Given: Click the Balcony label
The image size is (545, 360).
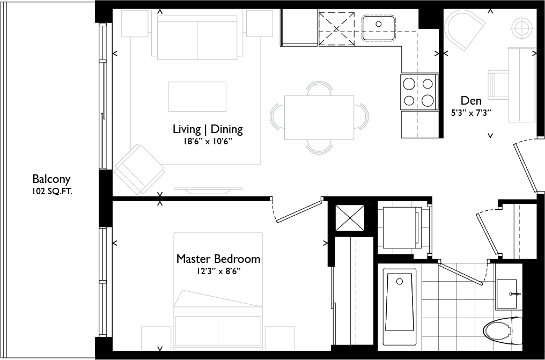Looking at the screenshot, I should click(51, 179).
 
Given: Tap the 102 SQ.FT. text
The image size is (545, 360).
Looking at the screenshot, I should click(51, 190).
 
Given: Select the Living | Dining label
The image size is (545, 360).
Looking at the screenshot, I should click(208, 129).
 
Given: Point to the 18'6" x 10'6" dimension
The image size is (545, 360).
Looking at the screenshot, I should click(208, 142).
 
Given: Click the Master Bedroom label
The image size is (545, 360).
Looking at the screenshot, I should click(218, 259).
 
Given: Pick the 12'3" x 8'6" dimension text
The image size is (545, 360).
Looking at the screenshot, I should click(218, 271).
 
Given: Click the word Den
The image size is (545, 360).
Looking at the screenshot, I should click(471, 101).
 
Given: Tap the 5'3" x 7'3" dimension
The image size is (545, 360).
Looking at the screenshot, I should click(471, 113).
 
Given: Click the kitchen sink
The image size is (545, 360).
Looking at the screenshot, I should click(378, 25).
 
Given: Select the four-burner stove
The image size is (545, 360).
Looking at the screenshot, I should click(418, 92).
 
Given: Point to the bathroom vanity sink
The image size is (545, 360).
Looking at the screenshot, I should click(506, 294).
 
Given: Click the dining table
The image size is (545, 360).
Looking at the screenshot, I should click(319, 116).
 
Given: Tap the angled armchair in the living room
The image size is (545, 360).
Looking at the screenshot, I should click(139, 168).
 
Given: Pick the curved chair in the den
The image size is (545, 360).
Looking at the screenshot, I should click(465, 31).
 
